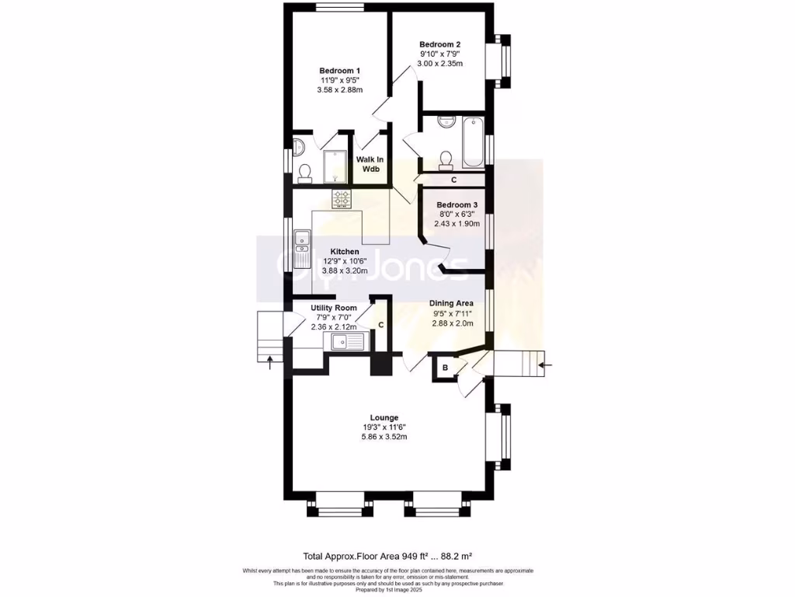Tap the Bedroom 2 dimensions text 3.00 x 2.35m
(x=440, y=64)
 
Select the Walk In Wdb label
(x=370, y=164)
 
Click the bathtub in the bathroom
(x=473, y=142)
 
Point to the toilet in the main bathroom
(x=446, y=159)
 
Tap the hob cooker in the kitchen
(x=342, y=199)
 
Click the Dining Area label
(x=451, y=304)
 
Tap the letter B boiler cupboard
(x=445, y=368)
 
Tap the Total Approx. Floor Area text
(x=388, y=556)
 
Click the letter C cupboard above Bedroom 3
(x=453, y=180)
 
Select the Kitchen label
(x=344, y=251)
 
